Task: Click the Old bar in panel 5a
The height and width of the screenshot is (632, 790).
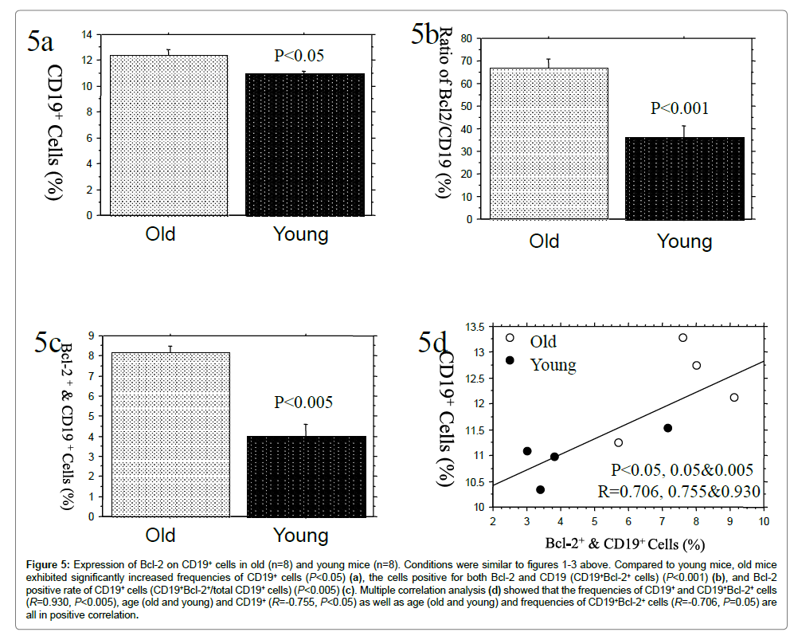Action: pos(159,135)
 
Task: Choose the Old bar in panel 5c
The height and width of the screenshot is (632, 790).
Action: pos(159,434)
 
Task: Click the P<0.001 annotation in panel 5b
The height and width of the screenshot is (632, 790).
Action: pos(679,108)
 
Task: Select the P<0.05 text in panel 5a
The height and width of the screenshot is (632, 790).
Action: pos(299,56)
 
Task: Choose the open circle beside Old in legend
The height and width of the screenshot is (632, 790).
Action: pos(510,338)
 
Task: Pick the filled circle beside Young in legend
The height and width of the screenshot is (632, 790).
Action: pos(510,360)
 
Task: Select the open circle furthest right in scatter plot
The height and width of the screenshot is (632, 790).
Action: pos(733,398)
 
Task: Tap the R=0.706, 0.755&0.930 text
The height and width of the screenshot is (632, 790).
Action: pos(679,490)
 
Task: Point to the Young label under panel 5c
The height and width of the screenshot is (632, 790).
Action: pos(300,535)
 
